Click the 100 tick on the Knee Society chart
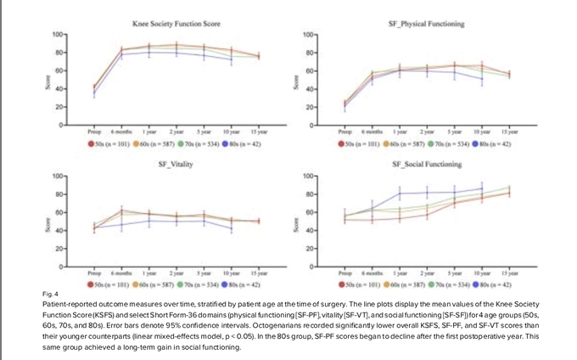click(x=58, y=34)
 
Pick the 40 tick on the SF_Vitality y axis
click(x=59, y=230)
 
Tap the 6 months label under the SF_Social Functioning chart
click(x=373, y=273)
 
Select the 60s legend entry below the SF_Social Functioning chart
click(x=405, y=284)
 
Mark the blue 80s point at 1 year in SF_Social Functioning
click(x=400, y=194)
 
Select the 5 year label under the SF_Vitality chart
click(x=203, y=273)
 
